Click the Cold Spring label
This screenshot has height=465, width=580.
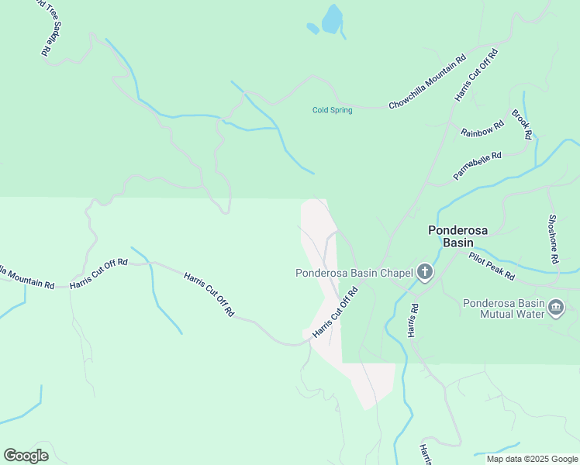332,110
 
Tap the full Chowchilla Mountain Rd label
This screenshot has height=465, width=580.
427,81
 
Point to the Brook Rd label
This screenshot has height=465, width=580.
522,124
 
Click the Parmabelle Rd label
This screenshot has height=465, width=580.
478,166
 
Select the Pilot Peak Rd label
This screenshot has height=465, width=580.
492,265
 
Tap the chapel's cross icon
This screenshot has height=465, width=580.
424,272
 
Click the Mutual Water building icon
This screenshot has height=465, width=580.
556,308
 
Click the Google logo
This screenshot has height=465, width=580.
26,455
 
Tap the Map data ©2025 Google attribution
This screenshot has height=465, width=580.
532,459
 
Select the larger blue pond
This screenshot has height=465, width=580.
332,19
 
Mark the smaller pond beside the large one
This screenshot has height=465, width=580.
312,29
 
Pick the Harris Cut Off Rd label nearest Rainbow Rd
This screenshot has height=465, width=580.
475,74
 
